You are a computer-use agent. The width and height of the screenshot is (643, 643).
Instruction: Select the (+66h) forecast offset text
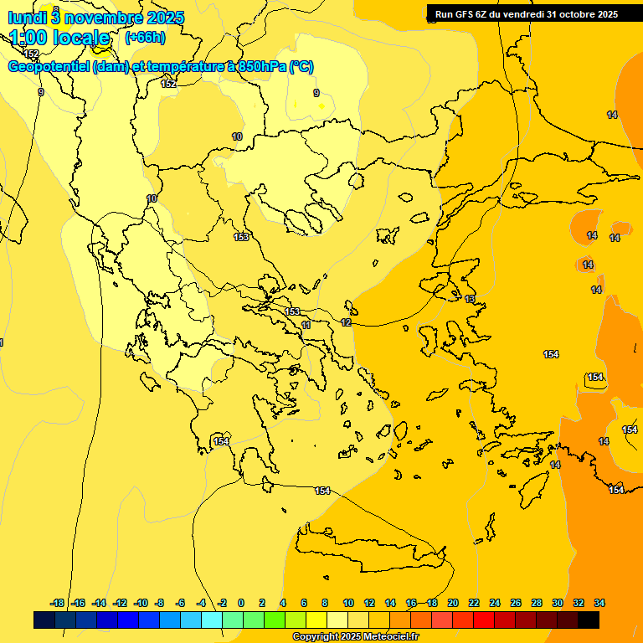pos(144,38)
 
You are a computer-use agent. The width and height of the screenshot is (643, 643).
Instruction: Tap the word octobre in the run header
pos(577,14)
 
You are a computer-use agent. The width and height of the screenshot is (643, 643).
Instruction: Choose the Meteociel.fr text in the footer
pos(390,637)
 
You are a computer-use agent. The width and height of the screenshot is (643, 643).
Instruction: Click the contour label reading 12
pos(347,322)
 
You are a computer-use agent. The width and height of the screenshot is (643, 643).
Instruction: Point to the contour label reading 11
pos(306,325)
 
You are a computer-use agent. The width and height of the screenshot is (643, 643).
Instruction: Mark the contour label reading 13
pos(470,299)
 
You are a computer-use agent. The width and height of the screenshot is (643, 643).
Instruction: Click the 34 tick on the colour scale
pos(599,603)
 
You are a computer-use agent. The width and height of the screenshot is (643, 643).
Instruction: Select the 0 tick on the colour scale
pos(241,603)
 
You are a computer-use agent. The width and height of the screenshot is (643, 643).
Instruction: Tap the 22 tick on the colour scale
pos(474,603)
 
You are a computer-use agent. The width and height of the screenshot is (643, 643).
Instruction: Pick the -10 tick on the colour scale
pos(141,603)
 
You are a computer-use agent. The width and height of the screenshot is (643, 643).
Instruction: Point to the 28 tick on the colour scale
pos(536,603)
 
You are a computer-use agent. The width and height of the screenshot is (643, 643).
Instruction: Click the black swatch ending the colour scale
pos(589,620)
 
